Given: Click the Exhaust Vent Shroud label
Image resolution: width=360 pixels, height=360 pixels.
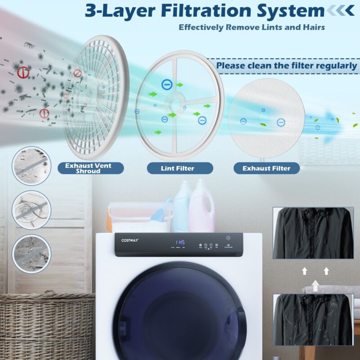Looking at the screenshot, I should tap(88, 168).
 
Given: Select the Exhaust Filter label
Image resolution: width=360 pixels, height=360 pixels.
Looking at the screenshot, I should tap(266, 168).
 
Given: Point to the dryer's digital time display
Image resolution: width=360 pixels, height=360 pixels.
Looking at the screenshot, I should tap(180, 242).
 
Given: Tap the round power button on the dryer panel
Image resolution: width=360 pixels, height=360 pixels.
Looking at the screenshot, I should tap(229, 238).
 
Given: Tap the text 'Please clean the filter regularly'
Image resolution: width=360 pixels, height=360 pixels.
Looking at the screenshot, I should tap(286, 66).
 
